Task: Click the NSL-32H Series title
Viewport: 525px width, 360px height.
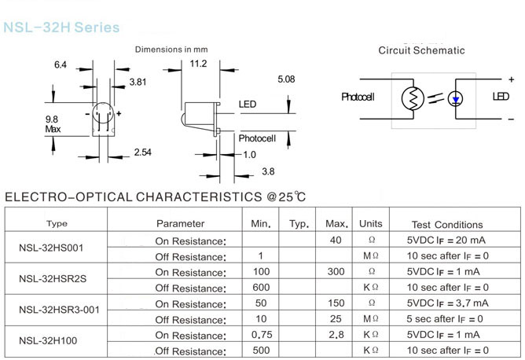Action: pyautogui.click(x=61, y=28)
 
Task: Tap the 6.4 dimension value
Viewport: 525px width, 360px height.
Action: pyautogui.click(x=61, y=64)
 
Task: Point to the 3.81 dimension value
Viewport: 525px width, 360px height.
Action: pyautogui.click(x=138, y=82)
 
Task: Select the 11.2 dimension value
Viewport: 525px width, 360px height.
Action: pyautogui.click(x=198, y=64)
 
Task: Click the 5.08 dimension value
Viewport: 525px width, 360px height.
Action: pyautogui.click(x=286, y=79)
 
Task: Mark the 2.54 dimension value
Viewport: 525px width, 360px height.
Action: pyautogui.click(x=142, y=152)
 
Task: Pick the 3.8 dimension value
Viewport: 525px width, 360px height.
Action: pyautogui.click(x=268, y=171)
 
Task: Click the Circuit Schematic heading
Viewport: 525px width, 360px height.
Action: pyautogui.click(x=421, y=50)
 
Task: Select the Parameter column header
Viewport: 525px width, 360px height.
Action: pyautogui.click(x=180, y=224)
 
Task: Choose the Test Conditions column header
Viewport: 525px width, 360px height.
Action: pyautogui.click(x=447, y=225)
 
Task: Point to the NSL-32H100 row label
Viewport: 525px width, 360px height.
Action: pyautogui.click(x=49, y=342)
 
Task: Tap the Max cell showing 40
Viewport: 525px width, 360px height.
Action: pyautogui.click(x=336, y=241)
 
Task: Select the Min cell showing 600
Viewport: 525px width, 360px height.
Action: pyautogui.click(x=260, y=288)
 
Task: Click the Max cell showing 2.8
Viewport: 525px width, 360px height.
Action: pyautogui.click(x=336, y=335)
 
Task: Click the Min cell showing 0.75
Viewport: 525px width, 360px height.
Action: pyautogui.click(x=260, y=335)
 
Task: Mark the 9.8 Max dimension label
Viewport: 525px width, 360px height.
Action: pyautogui.click(x=53, y=123)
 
